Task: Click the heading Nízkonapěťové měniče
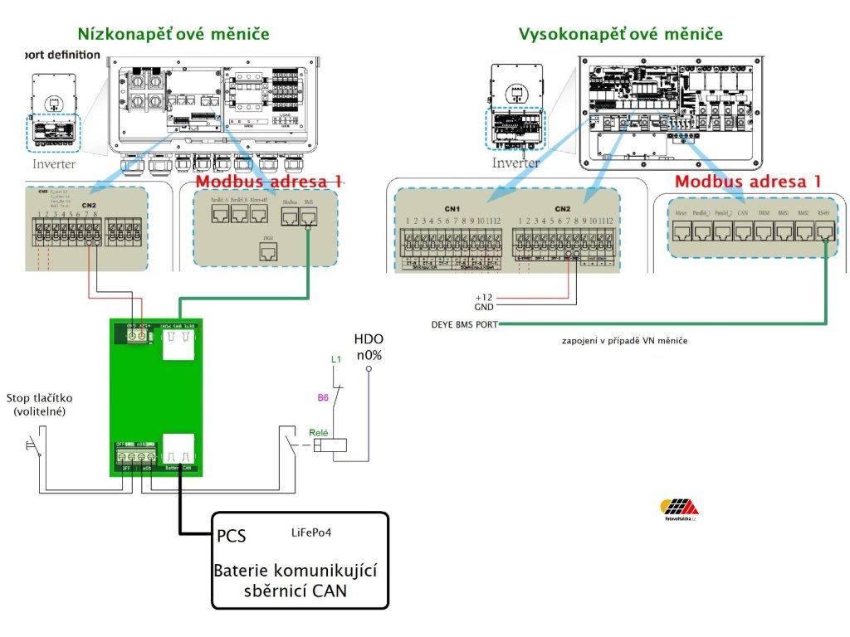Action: [x=173, y=34]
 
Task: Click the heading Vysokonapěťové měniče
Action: [x=620, y=34]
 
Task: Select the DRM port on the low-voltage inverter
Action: [x=266, y=254]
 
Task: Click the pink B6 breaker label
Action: [x=323, y=398]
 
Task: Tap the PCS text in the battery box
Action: [x=231, y=537]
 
